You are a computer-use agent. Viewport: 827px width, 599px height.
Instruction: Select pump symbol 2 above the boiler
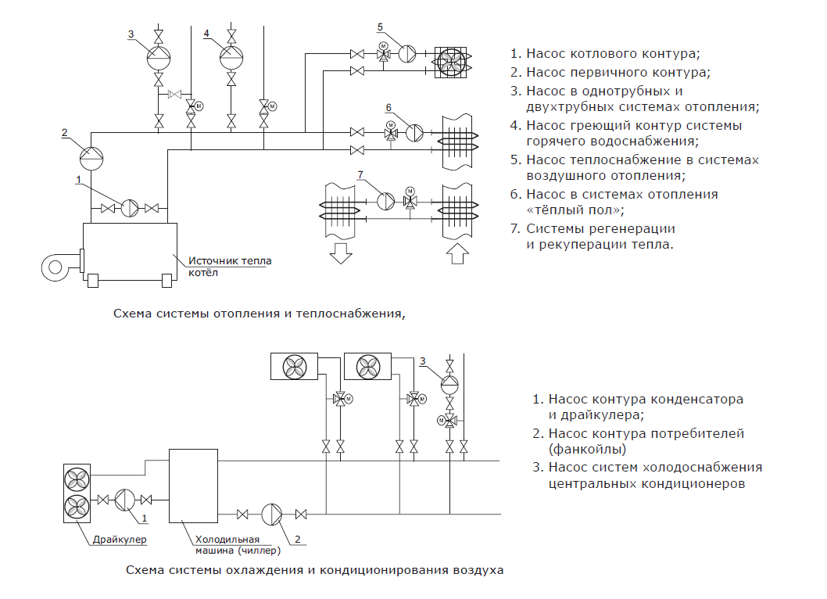point(92,156)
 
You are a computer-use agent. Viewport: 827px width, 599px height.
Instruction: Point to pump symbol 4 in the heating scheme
point(231,56)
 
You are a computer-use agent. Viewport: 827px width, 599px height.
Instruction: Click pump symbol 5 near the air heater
point(409,54)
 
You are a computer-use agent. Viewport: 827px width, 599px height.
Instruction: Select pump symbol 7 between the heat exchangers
point(386,200)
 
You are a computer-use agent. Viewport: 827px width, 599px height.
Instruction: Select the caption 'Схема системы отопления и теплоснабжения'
point(260,314)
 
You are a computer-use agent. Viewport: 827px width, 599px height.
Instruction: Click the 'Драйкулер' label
point(120,539)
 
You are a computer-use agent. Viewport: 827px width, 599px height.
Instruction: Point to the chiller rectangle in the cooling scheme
point(193,485)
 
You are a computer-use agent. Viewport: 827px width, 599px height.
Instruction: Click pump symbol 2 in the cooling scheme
point(271,514)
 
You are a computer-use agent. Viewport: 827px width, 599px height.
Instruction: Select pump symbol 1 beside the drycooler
point(125,500)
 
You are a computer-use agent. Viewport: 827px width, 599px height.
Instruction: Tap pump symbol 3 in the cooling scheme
point(449,384)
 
